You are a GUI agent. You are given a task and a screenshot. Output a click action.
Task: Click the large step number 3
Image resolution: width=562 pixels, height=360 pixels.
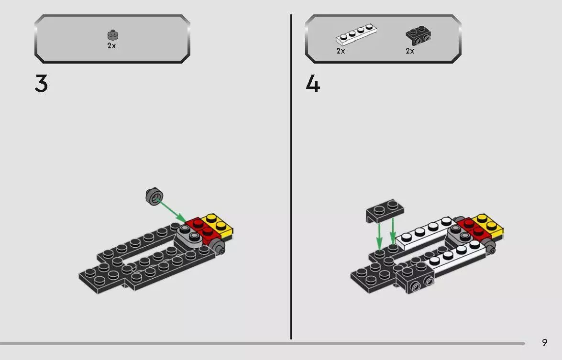pos(42,85)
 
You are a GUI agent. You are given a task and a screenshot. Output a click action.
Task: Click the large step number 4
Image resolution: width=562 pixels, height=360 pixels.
pos(313,85)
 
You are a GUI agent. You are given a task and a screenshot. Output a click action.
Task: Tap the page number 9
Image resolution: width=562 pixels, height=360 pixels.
pos(544,342)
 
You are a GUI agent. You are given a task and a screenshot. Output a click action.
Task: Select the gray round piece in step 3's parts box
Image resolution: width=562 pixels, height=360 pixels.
pos(112,35)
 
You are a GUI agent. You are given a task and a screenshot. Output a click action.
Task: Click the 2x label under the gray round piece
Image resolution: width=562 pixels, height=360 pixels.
pos(111,46)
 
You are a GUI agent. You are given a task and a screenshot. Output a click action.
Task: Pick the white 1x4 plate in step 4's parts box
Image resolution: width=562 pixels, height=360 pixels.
pos(356,36)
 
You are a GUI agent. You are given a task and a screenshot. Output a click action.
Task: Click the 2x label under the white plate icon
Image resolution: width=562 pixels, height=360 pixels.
pos(341,51)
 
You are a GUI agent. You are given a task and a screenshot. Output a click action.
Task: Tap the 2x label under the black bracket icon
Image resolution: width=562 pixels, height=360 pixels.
pos(410,51)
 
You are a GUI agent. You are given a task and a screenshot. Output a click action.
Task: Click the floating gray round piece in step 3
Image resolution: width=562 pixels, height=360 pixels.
pos(154,196)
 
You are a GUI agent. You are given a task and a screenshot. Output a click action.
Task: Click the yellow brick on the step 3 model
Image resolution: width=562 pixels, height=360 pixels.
pos(218,225)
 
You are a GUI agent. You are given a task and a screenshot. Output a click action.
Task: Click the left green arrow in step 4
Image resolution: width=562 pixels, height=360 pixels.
pos(379,234)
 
